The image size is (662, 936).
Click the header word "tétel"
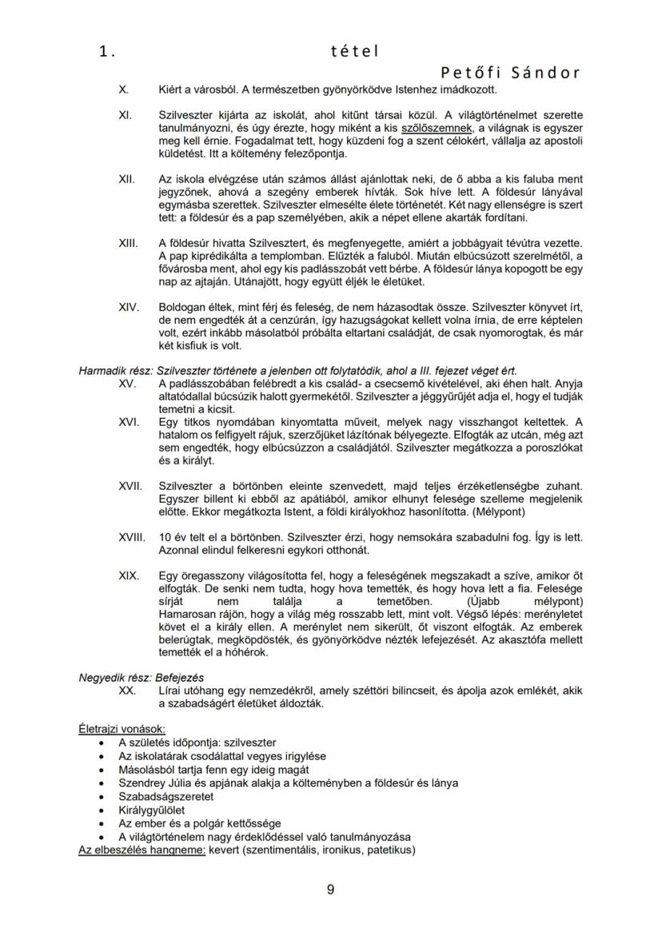pyautogui.click(x=354, y=51)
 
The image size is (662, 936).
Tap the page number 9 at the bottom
pyautogui.click(x=331, y=890)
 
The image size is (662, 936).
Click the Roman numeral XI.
pyautogui.click(x=125, y=116)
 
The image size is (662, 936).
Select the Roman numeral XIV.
pyautogui.click(x=128, y=307)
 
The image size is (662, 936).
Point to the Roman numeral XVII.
pyautogui.click(x=130, y=485)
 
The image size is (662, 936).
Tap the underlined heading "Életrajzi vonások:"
pyautogui.click(x=122, y=728)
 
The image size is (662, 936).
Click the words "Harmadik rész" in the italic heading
pyautogui.click(x=114, y=371)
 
